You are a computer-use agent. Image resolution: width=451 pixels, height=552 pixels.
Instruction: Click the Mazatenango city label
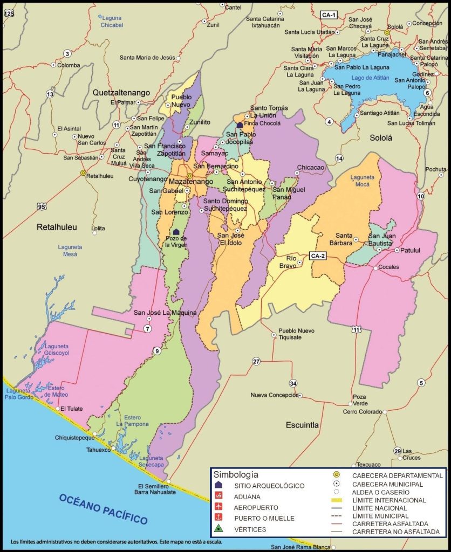point(191,182)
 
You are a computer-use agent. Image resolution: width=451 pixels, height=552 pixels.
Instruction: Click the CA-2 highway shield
point(318,256)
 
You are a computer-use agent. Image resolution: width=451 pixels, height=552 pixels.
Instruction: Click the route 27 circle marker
point(256,362)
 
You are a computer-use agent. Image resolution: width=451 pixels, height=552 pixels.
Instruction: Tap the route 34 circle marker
point(293,383)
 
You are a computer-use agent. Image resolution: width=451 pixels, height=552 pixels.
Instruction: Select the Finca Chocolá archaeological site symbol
point(240,125)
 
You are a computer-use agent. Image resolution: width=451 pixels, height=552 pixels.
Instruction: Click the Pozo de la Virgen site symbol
point(176,232)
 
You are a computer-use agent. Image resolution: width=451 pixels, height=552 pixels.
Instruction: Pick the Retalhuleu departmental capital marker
point(83,173)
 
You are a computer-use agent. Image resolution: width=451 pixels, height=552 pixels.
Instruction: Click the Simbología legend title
point(236,475)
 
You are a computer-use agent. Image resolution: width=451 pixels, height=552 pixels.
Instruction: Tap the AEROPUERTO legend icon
point(219,507)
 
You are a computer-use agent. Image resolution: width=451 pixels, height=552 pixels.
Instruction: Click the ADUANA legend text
point(248,496)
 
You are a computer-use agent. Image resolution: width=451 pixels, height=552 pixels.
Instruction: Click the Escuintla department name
point(302,425)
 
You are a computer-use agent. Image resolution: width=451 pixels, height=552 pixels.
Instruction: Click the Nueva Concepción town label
point(274,395)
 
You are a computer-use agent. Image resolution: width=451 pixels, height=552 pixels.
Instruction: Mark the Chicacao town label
point(311,168)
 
